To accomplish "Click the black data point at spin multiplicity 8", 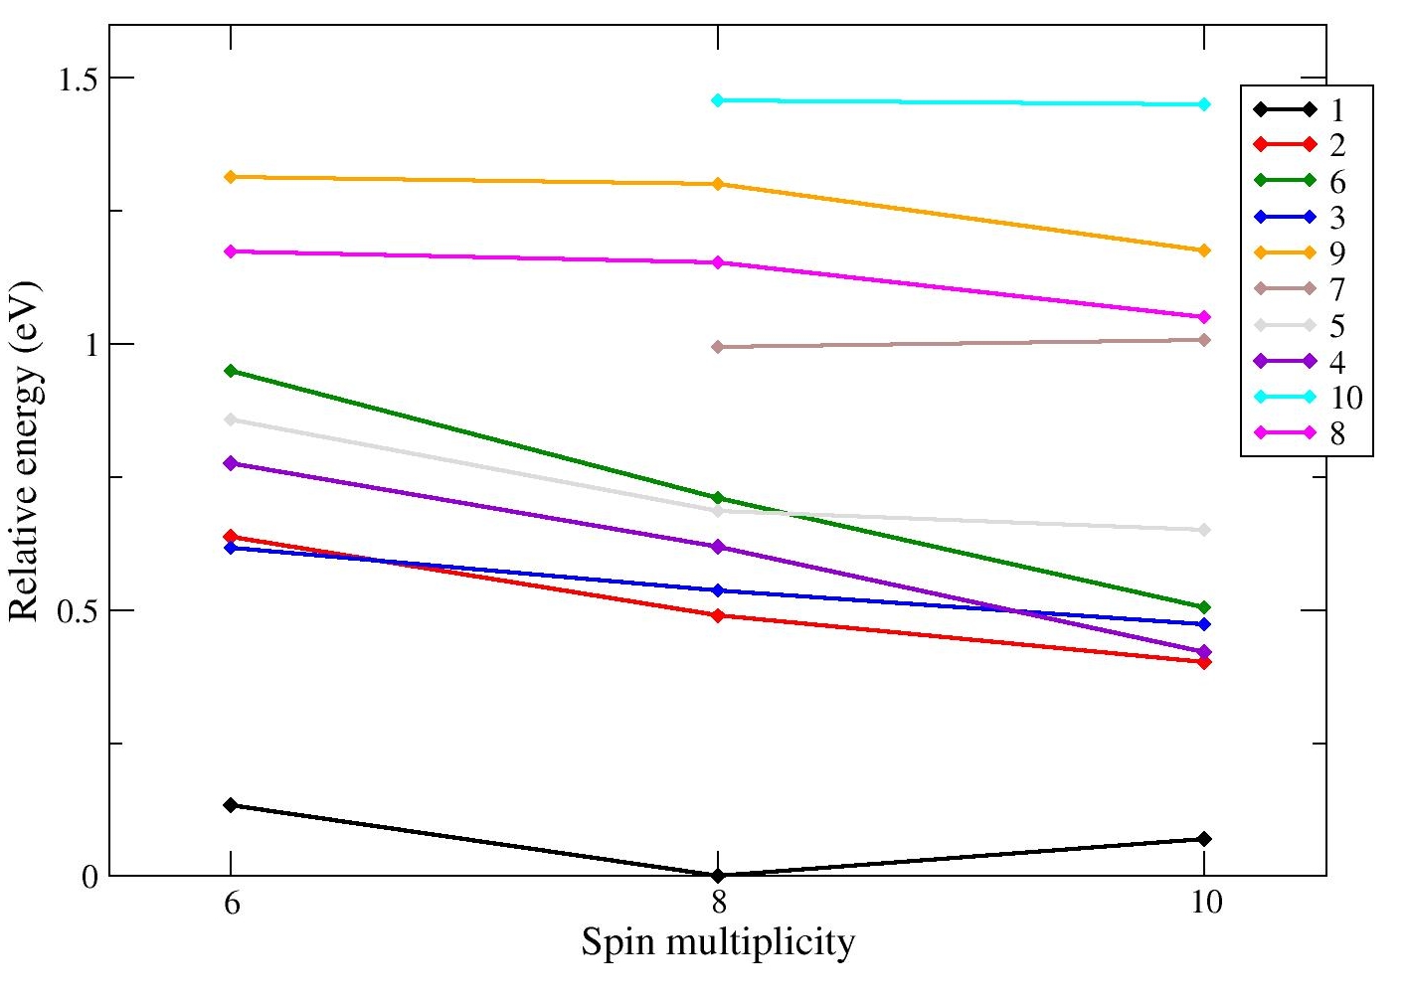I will (x=717, y=875).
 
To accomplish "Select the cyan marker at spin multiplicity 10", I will (x=1204, y=104).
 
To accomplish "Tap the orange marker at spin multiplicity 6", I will (x=230, y=177).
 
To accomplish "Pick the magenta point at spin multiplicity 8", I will (x=717, y=262).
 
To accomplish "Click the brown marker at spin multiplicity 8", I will (x=717, y=347).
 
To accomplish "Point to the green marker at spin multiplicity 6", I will (x=230, y=371).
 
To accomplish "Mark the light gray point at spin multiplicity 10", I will (x=1204, y=530).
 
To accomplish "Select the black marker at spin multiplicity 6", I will (x=230, y=805).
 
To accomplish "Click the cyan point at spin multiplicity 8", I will (x=717, y=100).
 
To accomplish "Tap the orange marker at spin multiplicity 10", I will (x=1204, y=250).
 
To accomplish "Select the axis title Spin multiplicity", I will (x=717, y=941).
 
